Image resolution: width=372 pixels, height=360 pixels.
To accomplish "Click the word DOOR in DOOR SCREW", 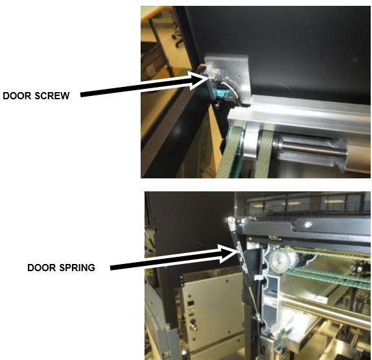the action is click(x=17, y=96).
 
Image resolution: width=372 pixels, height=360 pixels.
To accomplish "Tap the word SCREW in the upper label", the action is click(x=52, y=96).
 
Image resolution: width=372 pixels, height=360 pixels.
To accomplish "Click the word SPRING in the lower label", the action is click(x=77, y=268).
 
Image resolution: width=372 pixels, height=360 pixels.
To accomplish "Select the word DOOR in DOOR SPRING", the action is click(x=41, y=268).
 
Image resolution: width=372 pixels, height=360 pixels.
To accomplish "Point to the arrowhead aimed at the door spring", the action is click(x=228, y=254).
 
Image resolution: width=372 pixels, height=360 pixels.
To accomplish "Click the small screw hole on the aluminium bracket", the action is click(x=239, y=75).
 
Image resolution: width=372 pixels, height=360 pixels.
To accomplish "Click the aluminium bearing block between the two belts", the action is click(x=251, y=143).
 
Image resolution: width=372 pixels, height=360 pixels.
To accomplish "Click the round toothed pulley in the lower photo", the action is click(x=279, y=259).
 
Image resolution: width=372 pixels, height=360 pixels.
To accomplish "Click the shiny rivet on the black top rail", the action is click(x=308, y=224).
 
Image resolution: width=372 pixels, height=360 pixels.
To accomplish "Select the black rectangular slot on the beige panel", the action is click(x=191, y=304).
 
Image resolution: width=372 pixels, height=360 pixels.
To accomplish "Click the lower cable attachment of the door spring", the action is click(x=257, y=317).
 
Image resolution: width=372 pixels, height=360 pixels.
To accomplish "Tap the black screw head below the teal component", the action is click(x=218, y=104).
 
